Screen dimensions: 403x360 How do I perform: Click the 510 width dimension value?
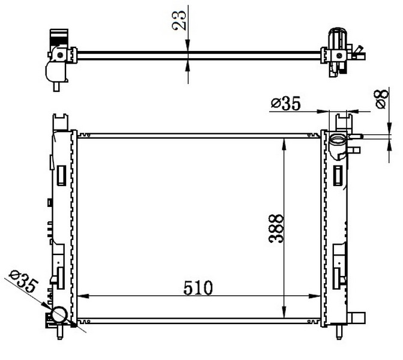click(198, 287)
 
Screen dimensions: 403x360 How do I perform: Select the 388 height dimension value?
click(276, 229)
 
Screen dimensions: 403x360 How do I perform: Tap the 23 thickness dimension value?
click(178, 20)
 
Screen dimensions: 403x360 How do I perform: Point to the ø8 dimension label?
click(381, 99)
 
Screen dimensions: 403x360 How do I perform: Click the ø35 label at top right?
click(285, 103)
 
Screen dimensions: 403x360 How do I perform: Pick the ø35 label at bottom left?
click(23, 281)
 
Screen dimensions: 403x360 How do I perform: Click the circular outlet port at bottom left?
click(59, 315)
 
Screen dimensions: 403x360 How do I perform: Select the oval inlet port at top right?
click(338, 140)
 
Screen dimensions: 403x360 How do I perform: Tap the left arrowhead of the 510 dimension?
click(83, 296)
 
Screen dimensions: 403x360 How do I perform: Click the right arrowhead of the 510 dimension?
click(314, 296)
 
